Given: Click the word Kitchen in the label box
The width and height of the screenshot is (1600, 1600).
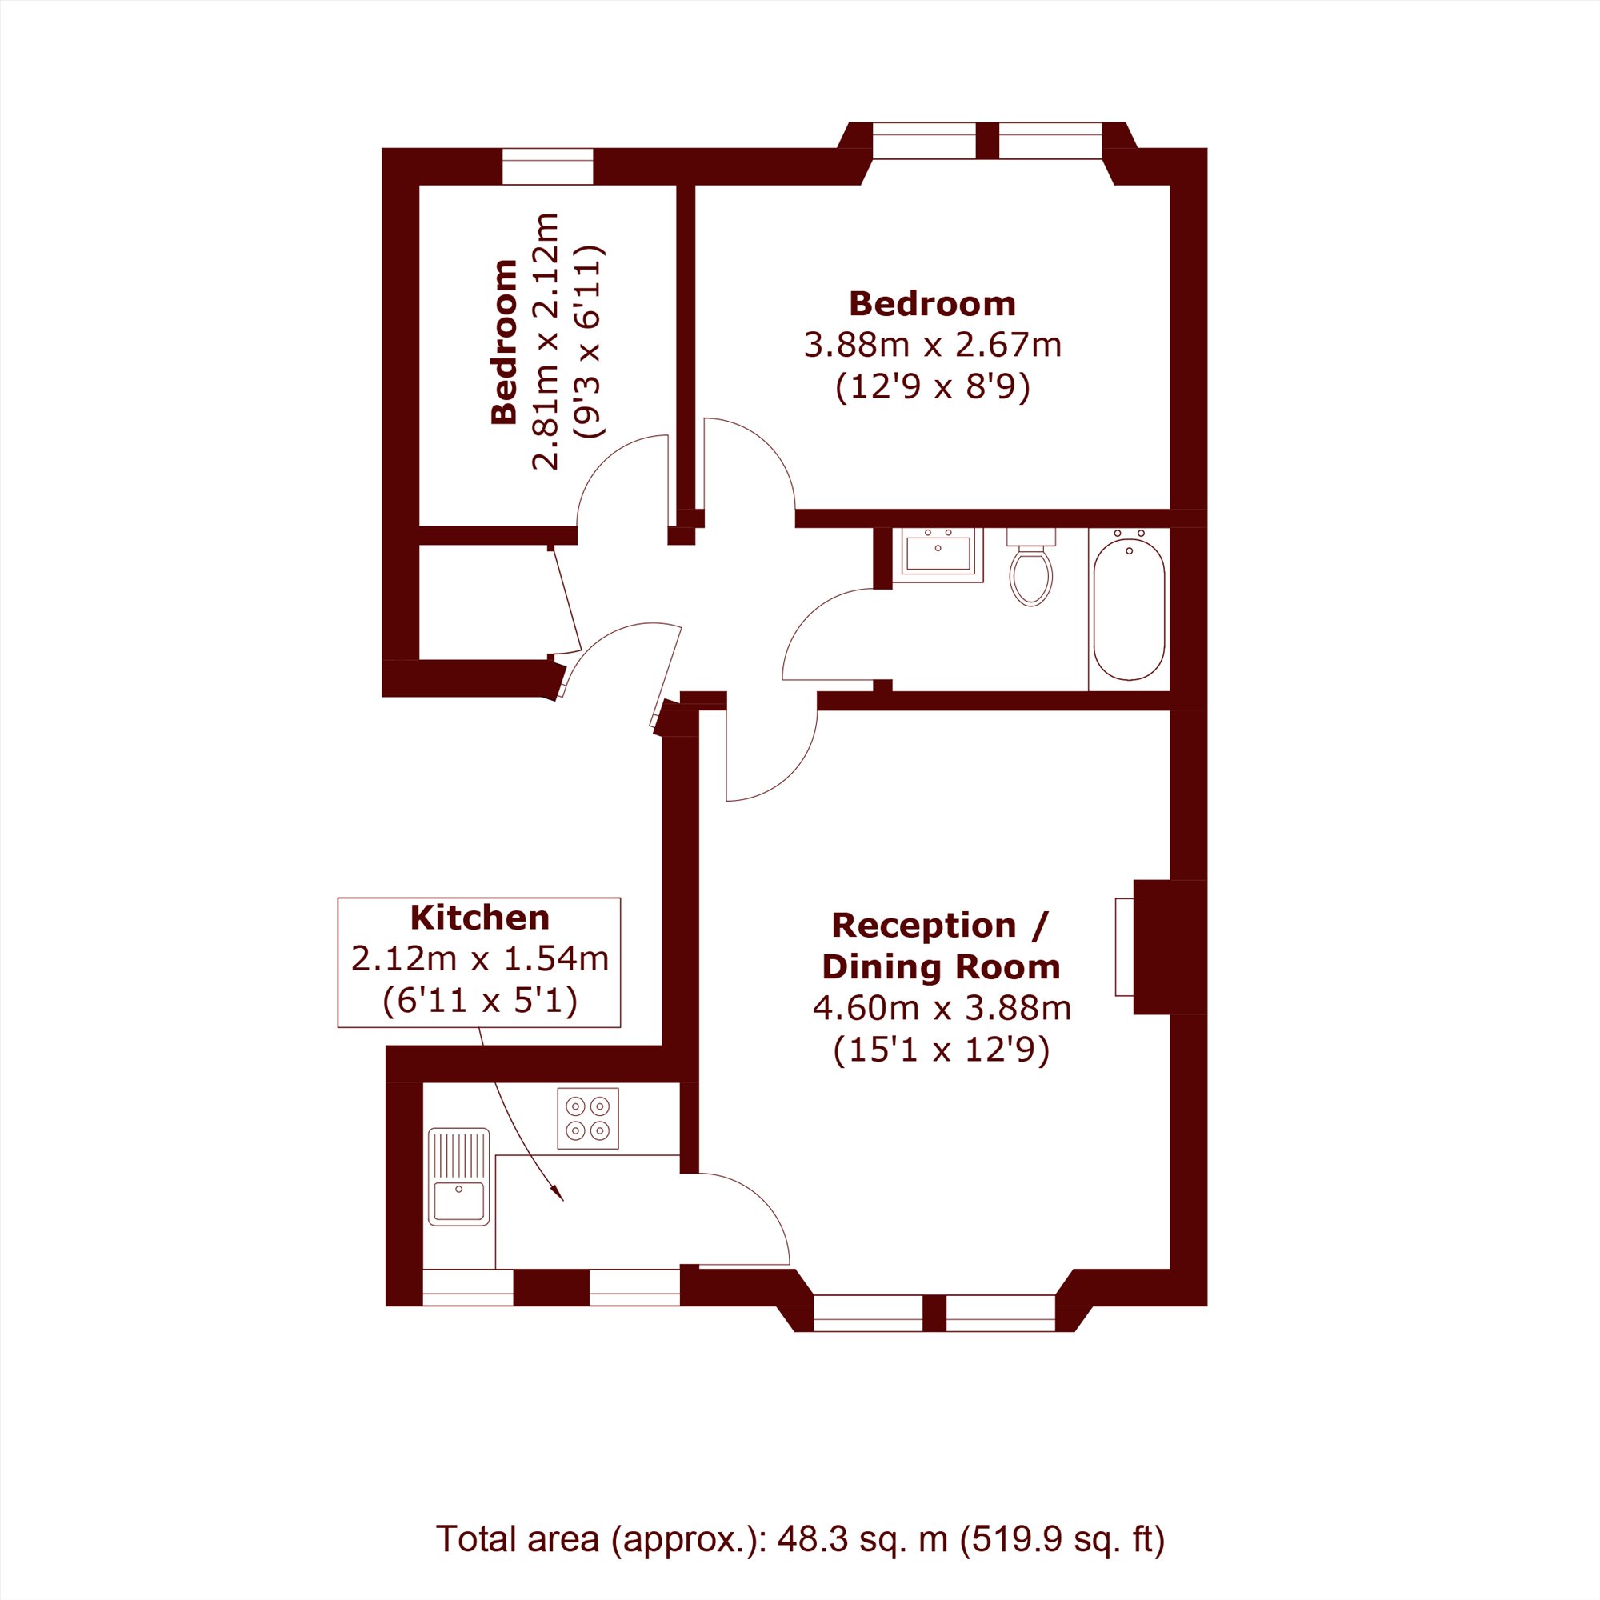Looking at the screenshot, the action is point(479,918).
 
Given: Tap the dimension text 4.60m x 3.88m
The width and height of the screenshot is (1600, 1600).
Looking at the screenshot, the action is point(942,1008).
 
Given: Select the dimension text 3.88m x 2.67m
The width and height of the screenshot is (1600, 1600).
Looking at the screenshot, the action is point(933,345).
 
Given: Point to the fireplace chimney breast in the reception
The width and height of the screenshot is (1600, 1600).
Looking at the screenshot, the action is point(1170,946).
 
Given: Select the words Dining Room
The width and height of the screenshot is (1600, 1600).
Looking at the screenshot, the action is point(941,966).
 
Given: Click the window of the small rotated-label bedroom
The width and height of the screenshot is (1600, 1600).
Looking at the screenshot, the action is point(547,166).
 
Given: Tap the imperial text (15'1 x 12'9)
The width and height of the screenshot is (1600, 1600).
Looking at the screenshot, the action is point(942,1050).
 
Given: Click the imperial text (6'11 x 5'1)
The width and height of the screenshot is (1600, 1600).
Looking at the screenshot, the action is point(479,1002).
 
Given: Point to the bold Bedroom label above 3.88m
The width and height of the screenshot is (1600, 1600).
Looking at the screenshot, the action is point(933,304).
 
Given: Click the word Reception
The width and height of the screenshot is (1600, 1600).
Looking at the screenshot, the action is point(923,925).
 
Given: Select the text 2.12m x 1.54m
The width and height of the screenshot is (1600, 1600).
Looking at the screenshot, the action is point(479,959).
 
